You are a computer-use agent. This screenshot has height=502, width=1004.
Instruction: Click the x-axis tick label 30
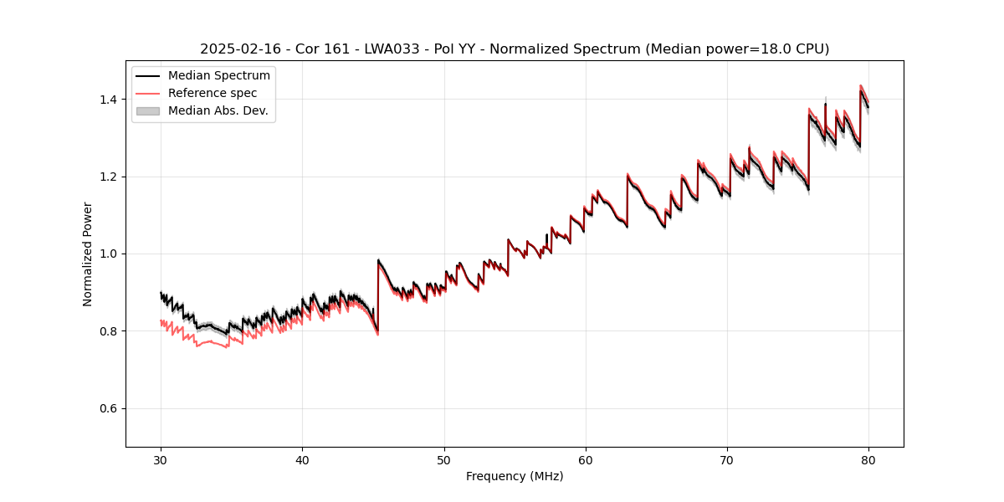(161, 460)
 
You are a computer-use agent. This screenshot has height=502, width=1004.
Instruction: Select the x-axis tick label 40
(302, 460)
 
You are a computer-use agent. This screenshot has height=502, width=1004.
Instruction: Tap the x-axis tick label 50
(443, 460)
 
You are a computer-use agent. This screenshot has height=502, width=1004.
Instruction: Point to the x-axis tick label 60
(586, 460)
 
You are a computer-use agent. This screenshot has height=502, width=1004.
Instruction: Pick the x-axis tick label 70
(727, 460)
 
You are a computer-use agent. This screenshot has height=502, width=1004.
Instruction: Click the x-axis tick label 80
(868, 460)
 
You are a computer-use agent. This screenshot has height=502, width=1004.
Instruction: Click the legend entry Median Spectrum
(219, 76)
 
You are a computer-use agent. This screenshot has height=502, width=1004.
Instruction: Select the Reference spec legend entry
(213, 94)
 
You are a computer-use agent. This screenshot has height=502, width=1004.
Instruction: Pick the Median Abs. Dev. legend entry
(218, 111)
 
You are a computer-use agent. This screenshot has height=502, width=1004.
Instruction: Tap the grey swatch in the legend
(148, 111)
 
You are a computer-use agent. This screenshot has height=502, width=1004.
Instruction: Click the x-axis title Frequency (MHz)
(515, 477)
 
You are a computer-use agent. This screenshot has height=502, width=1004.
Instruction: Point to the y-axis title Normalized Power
(88, 254)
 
